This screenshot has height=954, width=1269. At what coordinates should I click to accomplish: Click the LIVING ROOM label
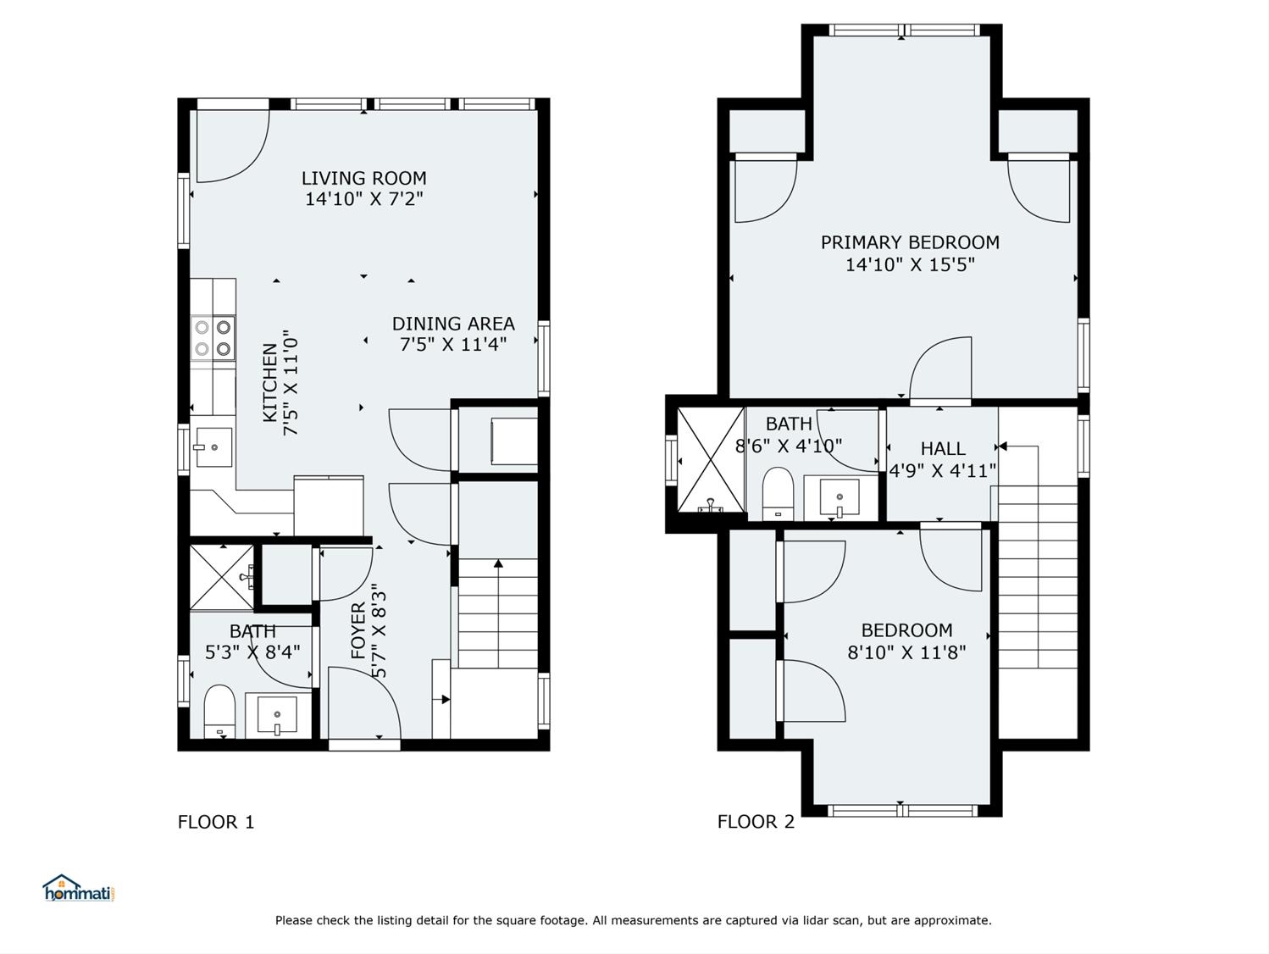(363, 178)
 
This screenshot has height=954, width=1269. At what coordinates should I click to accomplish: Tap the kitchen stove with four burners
(213, 337)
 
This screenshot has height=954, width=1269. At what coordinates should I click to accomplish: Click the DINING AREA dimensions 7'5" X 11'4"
(453, 345)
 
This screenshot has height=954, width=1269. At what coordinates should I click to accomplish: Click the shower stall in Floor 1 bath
(221, 577)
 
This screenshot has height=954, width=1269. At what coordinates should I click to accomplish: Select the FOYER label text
(358, 631)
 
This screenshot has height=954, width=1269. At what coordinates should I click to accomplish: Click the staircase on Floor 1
(497, 613)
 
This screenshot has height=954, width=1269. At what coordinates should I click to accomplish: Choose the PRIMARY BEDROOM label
(910, 242)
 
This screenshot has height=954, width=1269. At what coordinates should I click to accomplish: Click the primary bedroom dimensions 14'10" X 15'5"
(910, 264)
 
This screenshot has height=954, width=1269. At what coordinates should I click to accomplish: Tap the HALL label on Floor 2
(942, 449)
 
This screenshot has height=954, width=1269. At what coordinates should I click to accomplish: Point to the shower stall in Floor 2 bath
(711, 459)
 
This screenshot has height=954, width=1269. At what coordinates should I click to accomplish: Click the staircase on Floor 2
(1038, 576)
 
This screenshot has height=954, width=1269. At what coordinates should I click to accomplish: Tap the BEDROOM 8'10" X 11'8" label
(906, 641)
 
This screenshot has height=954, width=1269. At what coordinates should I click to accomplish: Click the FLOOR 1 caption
(216, 822)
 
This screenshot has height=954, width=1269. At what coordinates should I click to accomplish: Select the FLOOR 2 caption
(756, 822)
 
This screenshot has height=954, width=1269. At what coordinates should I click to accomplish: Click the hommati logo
(79, 889)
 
